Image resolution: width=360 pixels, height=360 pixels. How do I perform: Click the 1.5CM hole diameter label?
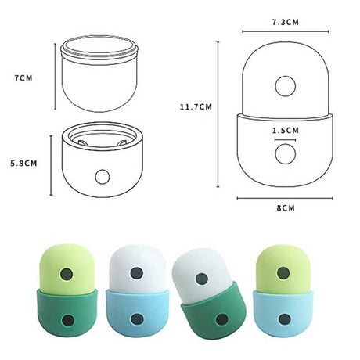click(285, 130)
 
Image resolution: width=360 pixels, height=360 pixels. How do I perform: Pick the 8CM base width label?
click(286, 208)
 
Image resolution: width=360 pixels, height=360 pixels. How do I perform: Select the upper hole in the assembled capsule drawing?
click(285, 85)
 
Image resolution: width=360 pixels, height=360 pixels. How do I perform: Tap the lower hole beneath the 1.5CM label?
click(285, 153)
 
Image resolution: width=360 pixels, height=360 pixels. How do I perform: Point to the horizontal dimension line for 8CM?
click(286, 198)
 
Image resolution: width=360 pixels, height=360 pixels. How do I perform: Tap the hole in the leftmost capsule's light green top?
click(68, 275)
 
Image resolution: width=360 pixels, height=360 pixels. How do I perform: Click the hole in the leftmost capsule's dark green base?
click(68, 319)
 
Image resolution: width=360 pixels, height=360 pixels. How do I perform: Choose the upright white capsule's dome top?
click(136, 262)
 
